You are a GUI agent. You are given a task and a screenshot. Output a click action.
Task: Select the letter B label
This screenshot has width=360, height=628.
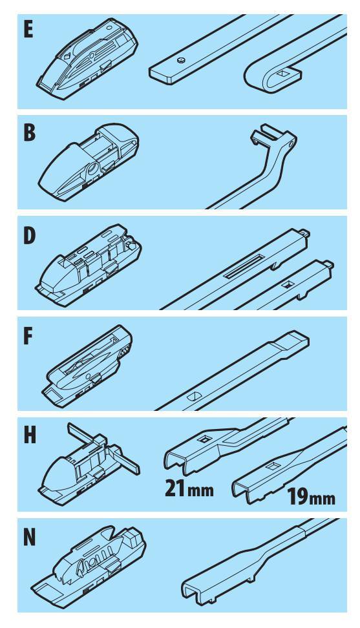point(29,132)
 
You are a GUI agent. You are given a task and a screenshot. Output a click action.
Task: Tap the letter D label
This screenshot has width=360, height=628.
point(30,236)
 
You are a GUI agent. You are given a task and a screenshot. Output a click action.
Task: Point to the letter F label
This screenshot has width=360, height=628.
point(28,337)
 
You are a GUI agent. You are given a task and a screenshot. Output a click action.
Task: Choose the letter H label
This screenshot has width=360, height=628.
point(30,435)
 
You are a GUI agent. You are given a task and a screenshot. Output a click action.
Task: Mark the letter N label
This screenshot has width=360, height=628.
point(30,538)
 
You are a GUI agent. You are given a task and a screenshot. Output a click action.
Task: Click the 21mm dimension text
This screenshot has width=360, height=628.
point(189,488)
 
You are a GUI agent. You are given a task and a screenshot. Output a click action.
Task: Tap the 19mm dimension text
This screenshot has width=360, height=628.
point(311,498)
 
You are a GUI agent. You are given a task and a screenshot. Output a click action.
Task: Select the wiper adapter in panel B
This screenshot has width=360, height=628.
point(89,162)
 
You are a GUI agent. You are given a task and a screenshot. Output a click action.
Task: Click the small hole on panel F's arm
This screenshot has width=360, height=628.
point(193,395)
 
